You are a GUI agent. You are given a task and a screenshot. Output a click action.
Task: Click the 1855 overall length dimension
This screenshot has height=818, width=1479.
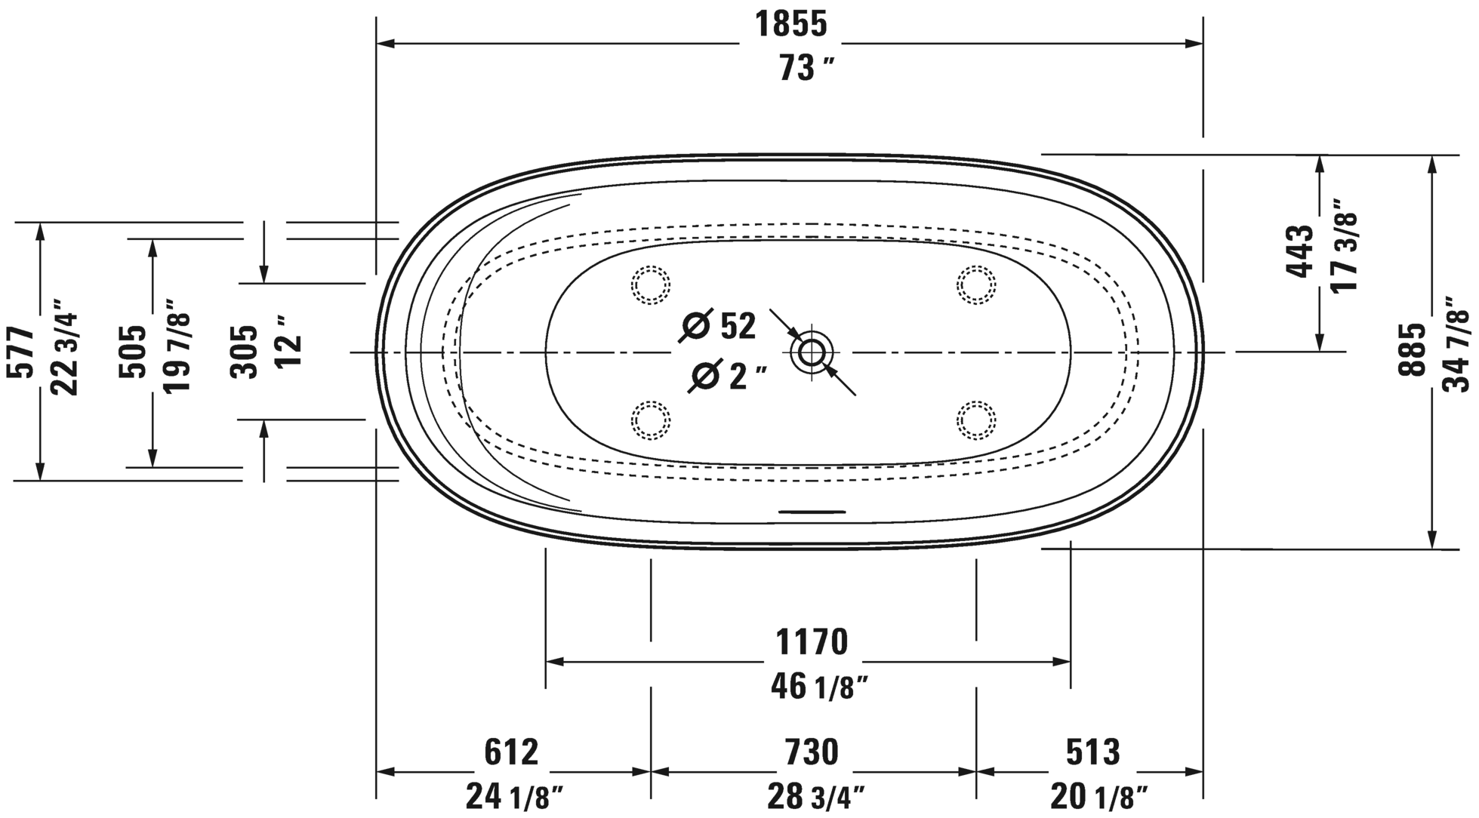click(791, 24)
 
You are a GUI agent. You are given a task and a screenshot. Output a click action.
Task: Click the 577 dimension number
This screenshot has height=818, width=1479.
click(20, 352)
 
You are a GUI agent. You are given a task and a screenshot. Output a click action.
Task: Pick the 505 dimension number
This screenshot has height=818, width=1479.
click(133, 352)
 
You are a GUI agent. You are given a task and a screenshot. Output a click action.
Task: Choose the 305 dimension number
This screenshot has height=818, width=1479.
click(245, 352)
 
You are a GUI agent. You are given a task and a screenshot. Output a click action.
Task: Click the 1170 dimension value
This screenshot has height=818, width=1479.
click(812, 642)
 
